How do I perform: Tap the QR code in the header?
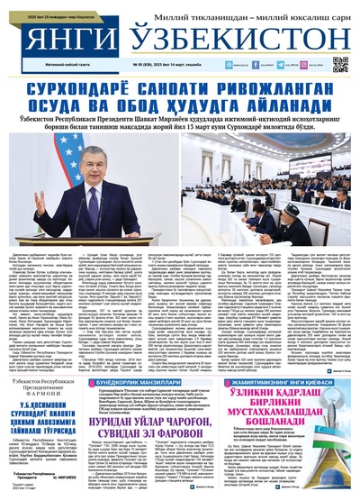tap(341, 64)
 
